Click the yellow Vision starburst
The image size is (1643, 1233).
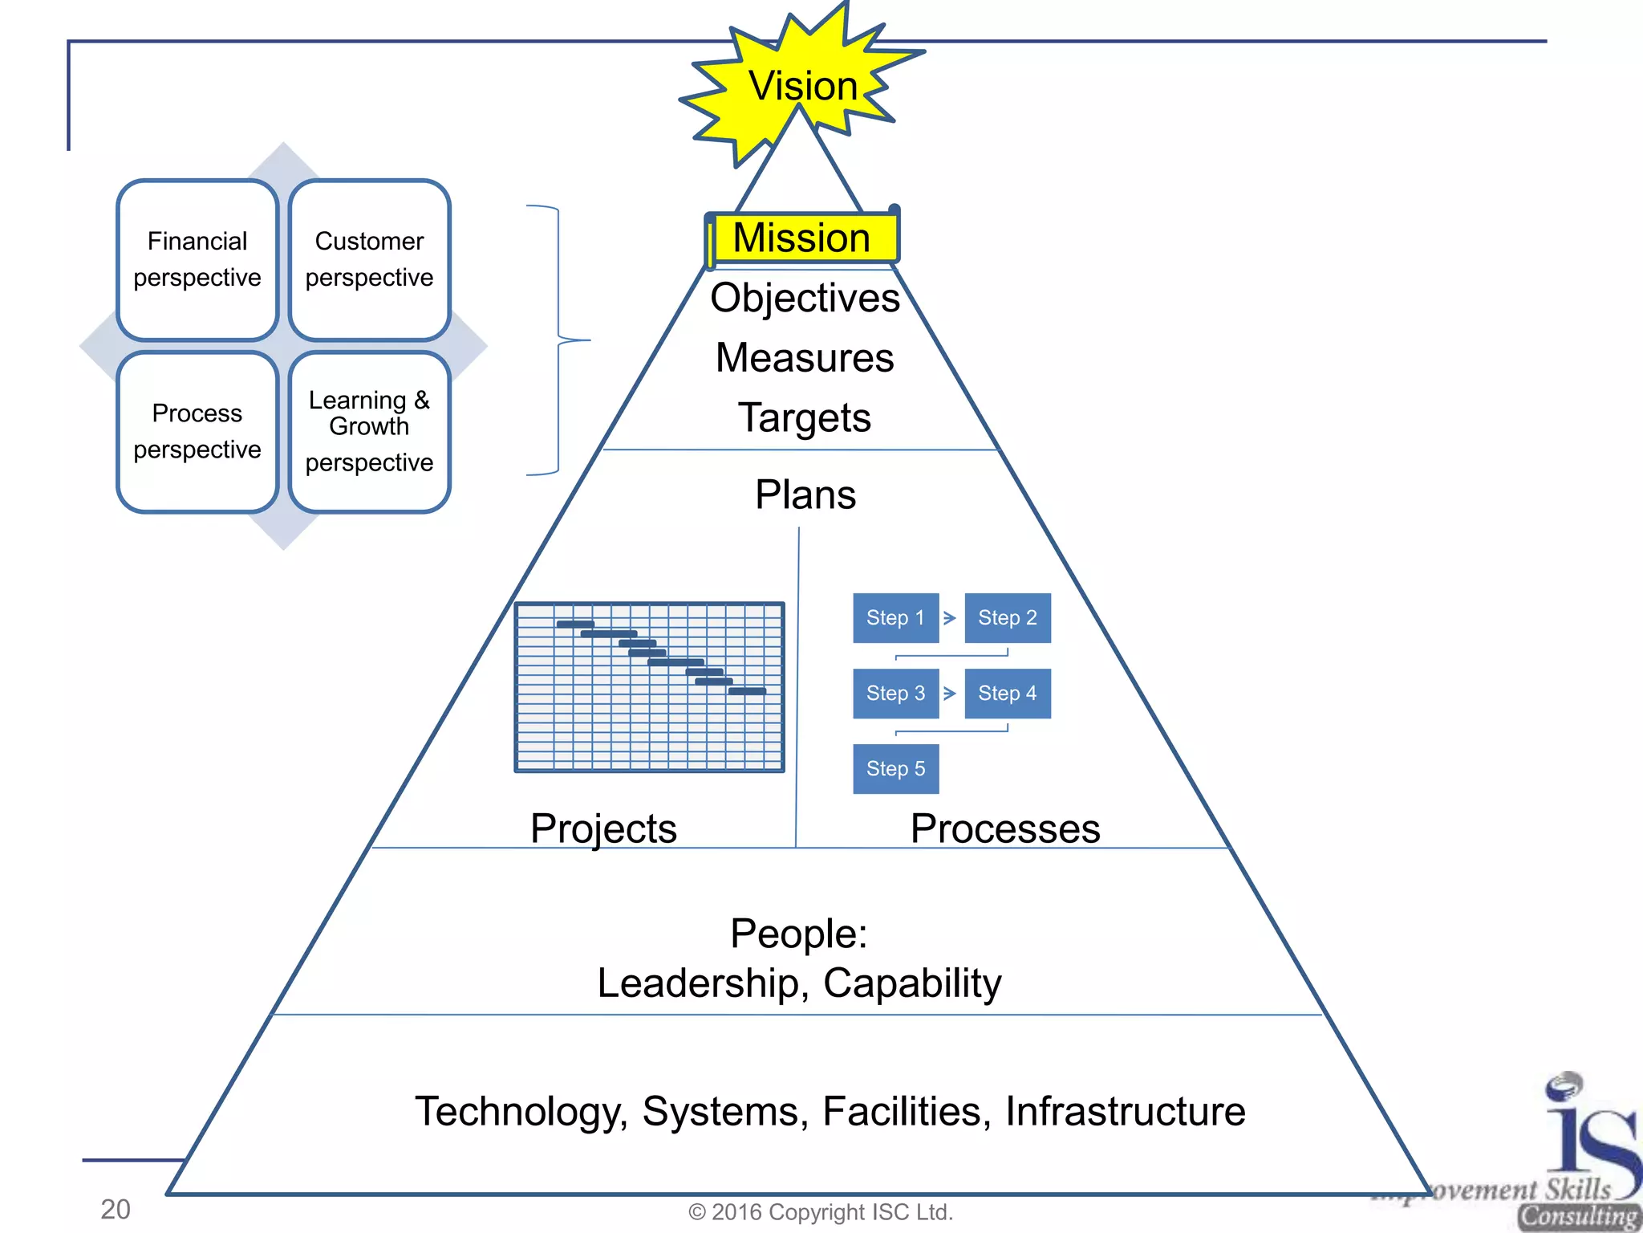[x=802, y=85]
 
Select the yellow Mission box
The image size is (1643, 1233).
[x=802, y=238]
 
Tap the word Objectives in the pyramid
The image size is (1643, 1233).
[x=805, y=298]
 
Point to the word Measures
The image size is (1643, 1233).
[x=805, y=358]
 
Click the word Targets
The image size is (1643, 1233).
[x=805, y=418]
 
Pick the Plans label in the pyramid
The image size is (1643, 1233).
[x=805, y=494]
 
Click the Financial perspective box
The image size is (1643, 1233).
[x=197, y=259]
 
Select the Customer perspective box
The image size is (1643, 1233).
[x=369, y=259]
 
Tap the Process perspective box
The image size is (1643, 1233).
[x=197, y=432]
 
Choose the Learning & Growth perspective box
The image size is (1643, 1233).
[x=369, y=432]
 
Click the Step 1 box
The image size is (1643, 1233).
[x=895, y=618]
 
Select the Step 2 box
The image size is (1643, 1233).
[x=1008, y=618]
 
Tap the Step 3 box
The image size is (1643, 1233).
[x=895, y=694]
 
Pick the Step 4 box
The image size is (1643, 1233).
[x=1008, y=694]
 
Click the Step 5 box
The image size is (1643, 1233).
[x=895, y=769]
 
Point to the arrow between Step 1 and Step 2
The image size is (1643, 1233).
[x=950, y=618]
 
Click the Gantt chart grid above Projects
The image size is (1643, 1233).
[x=649, y=687]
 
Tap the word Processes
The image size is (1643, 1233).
[x=1005, y=828]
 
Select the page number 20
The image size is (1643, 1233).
[x=116, y=1209]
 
